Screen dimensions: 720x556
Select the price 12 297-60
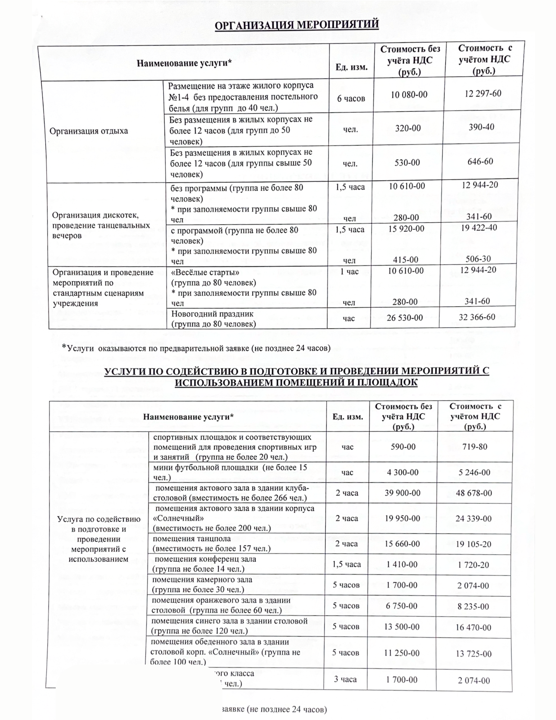483,93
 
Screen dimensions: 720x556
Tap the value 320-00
408,128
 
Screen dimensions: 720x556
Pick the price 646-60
481,161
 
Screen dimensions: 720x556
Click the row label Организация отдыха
89,131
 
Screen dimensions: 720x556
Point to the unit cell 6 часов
351,98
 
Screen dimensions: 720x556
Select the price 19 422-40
479,228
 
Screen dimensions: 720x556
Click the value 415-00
406,260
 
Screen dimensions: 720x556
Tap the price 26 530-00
404,318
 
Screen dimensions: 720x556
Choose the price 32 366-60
477,317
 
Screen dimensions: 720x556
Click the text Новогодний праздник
207,314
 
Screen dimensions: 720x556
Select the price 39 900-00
402,493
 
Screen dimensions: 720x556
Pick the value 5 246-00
474,472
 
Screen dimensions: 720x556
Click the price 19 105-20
473,544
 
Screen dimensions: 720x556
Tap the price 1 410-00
402,564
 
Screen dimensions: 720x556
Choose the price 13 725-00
473,653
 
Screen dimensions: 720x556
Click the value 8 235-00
473,607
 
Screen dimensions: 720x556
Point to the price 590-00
403,447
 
